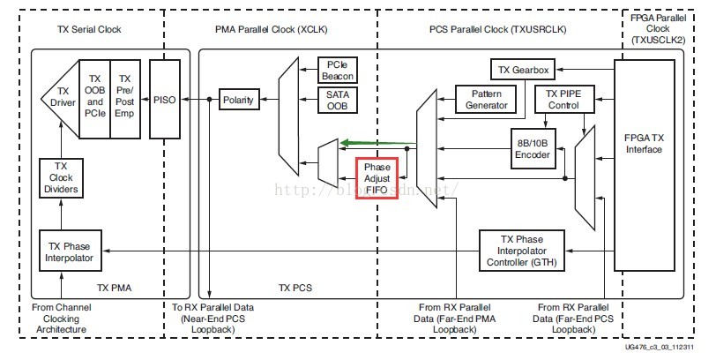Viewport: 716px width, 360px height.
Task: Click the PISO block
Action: click(x=164, y=100)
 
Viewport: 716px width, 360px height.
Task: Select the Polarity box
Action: click(x=238, y=100)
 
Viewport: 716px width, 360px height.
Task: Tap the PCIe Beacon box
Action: click(x=335, y=71)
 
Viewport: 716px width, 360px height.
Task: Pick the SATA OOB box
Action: click(x=335, y=100)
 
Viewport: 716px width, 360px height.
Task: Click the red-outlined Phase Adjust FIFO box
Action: click(x=377, y=177)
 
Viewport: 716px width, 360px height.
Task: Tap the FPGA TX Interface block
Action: click(x=649, y=143)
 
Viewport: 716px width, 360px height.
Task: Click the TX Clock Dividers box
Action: click(x=61, y=178)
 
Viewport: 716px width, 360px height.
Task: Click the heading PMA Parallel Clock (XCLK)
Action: click(x=270, y=30)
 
